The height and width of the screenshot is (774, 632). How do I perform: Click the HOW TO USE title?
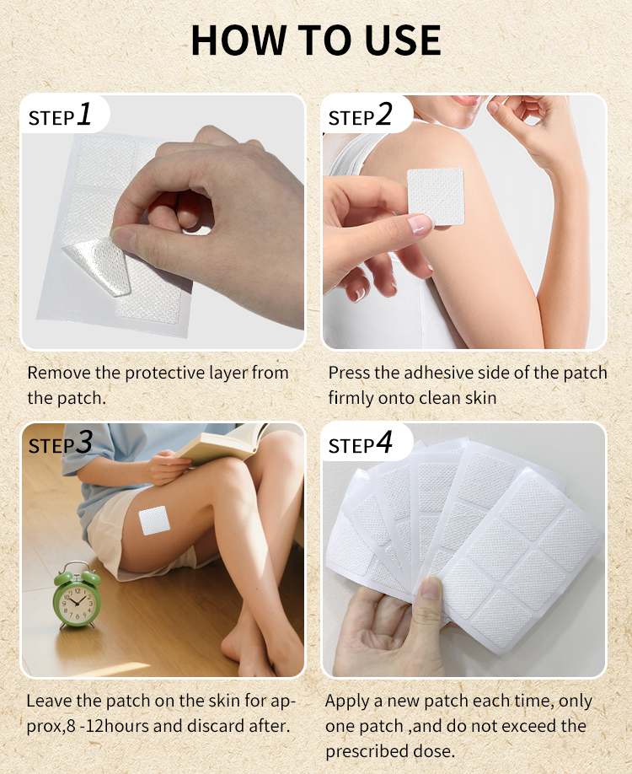(316, 40)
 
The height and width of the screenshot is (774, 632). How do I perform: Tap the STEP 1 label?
(60, 116)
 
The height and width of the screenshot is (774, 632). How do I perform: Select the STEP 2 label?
(360, 116)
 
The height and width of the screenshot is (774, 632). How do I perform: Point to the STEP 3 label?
(60, 443)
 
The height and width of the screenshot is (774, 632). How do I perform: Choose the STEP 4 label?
(360, 444)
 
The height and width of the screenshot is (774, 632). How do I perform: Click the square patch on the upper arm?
(436, 196)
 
